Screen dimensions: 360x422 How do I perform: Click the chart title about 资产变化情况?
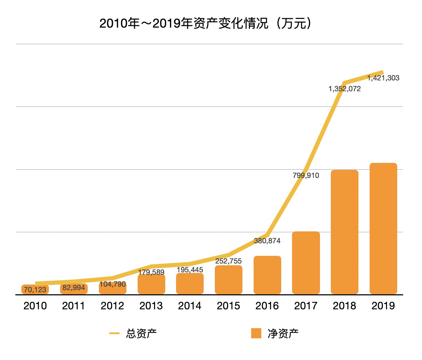tap(205, 23)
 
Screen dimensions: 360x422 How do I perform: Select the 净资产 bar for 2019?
tap(383, 229)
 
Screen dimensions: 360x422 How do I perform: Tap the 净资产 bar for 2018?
tap(344, 232)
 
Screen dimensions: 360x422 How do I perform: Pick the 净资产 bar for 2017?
tap(306, 263)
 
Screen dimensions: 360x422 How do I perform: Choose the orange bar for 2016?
tap(267, 275)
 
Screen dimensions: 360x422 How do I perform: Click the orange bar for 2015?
tap(228, 280)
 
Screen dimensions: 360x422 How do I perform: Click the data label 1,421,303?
tap(383, 78)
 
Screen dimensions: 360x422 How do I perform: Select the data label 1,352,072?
tap(344, 89)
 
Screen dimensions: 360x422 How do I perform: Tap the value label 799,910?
tap(306, 175)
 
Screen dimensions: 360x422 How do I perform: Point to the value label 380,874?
tap(267, 241)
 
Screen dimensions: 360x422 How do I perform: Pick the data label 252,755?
tap(228, 261)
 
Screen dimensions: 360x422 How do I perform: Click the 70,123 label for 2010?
tap(35, 290)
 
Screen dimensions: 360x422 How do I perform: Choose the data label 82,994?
tap(74, 288)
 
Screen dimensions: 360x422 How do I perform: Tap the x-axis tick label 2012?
tap(112, 306)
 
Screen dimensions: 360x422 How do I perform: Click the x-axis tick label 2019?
tap(383, 306)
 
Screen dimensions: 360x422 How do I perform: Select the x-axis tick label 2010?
tap(35, 306)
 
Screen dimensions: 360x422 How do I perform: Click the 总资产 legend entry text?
tap(141, 334)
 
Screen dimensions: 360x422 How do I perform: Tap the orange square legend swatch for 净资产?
tap(256, 333)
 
